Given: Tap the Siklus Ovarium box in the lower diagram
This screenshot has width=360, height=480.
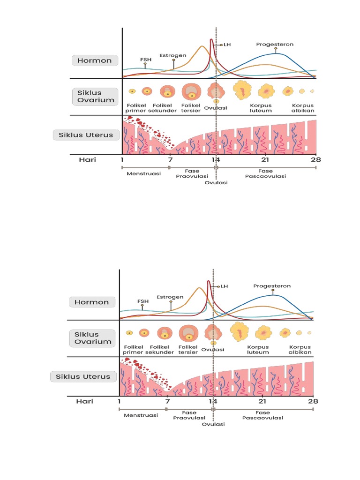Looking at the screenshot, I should (x=93, y=338).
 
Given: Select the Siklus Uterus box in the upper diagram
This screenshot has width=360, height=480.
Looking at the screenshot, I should (x=86, y=135).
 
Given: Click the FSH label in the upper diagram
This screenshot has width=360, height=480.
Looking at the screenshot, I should (x=146, y=60).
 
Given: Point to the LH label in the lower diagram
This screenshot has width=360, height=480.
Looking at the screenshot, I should (x=224, y=286).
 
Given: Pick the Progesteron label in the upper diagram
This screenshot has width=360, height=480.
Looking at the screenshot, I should (x=275, y=45).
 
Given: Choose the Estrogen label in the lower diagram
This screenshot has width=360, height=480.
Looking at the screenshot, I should (x=170, y=297).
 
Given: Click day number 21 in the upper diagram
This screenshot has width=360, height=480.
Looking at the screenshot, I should (x=265, y=160).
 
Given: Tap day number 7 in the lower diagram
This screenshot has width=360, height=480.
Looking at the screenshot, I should (x=167, y=401).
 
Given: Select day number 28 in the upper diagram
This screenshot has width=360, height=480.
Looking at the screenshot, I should (x=316, y=160).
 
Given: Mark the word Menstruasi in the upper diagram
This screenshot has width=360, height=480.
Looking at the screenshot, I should (x=144, y=173).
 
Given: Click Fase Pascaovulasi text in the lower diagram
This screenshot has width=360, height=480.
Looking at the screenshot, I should (x=262, y=415).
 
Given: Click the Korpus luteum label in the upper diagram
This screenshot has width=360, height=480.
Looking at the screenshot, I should (x=261, y=108).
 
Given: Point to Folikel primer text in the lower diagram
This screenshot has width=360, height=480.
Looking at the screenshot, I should (x=133, y=350).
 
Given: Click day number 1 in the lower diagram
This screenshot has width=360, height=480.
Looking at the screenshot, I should (x=120, y=401).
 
